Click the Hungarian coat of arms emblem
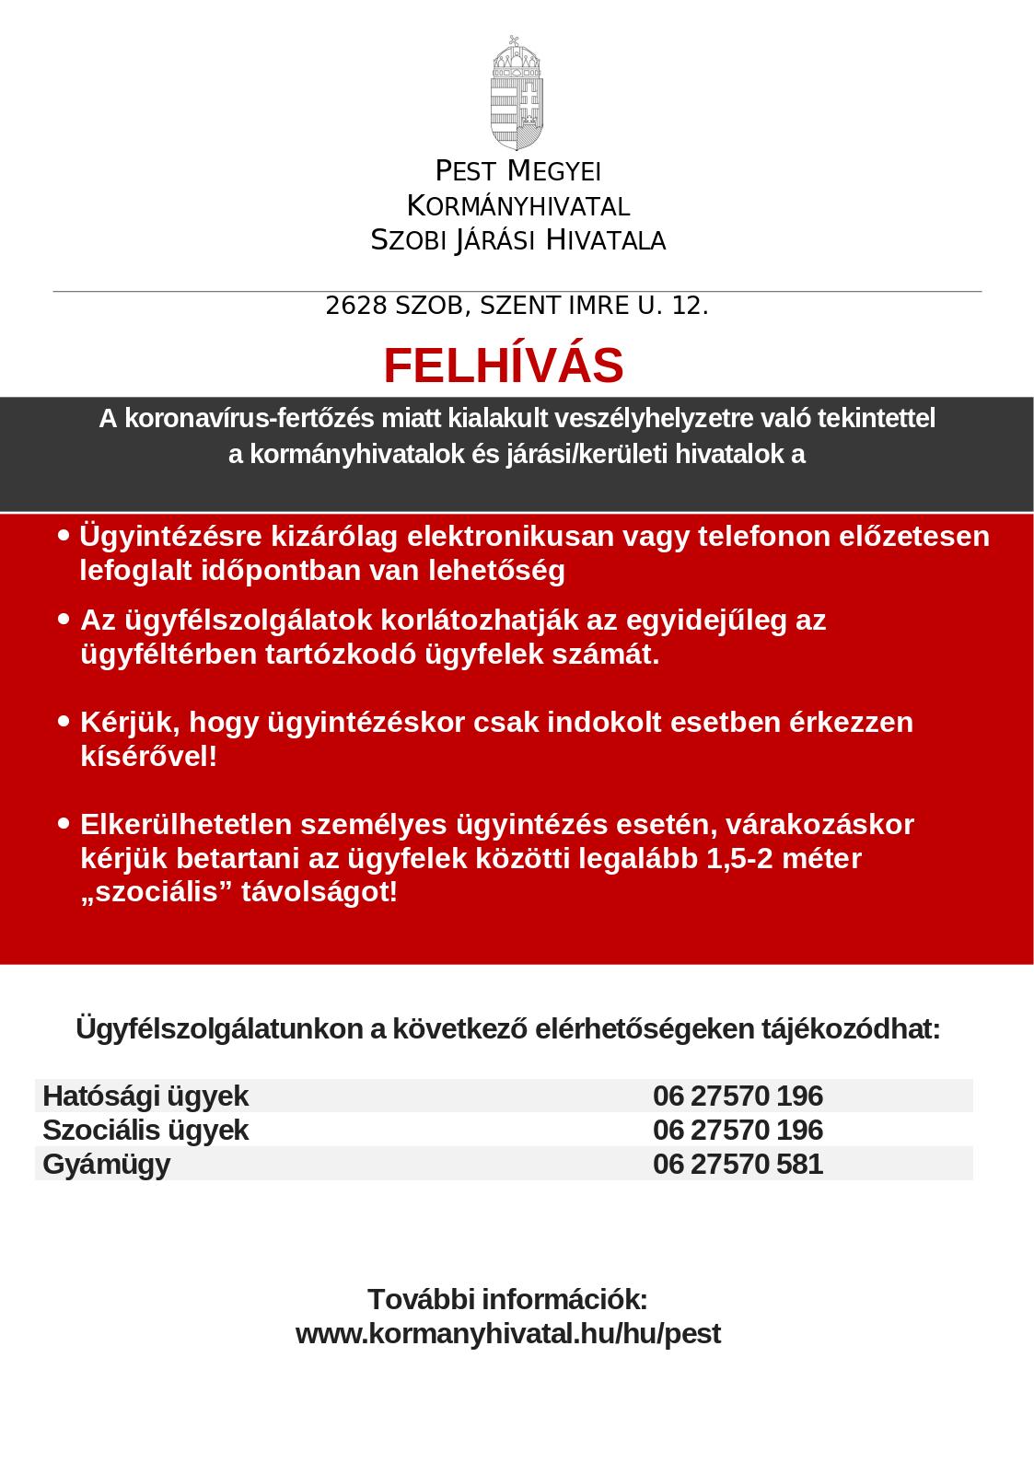tap(517, 93)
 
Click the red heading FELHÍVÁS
tap(504, 365)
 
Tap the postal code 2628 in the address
tap(356, 306)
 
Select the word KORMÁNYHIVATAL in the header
tap(518, 205)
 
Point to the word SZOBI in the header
tap(408, 241)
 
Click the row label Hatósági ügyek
tap(145, 1096)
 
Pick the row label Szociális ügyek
tap(145, 1130)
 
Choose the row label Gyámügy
tap(107, 1164)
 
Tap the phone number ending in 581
tap(738, 1164)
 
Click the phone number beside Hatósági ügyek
tap(738, 1096)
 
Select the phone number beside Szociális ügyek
tap(738, 1130)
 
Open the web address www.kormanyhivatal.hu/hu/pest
tap(507, 1333)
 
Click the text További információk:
tap(507, 1299)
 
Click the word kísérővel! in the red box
tap(149, 757)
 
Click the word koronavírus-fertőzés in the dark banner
tap(250, 418)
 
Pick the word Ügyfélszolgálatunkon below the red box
tap(219, 1028)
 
